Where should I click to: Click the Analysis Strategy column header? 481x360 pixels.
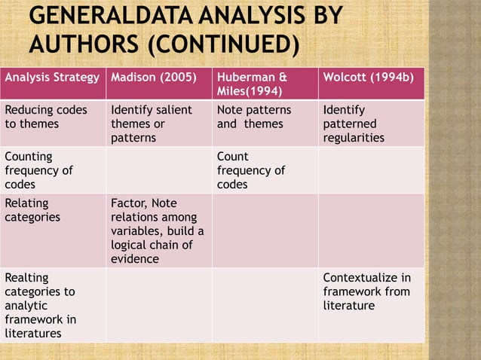pyautogui.click(x=52, y=77)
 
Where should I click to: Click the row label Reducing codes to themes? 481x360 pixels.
pyautogui.click(x=46, y=117)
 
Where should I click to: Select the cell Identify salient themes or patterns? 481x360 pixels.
pyautogui.click(x=151, y=124)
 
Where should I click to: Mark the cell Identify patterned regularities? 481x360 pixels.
pyautogui.click(x=354, y=124)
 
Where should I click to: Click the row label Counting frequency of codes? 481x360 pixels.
pyautogui.click(x=39, y=170)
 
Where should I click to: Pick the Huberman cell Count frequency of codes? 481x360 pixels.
pyautogui.click(x=251, y=170)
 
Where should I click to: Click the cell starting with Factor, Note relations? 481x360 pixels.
pyautogui.click(x=157, y=230)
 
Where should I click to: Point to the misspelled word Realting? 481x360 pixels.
pyautogui.click(x=26, y=277)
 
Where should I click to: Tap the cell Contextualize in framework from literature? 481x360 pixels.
pyautogui.click(x=366, y=291)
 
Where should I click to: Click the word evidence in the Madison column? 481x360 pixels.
pyautogui.click(x=135, y=259)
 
